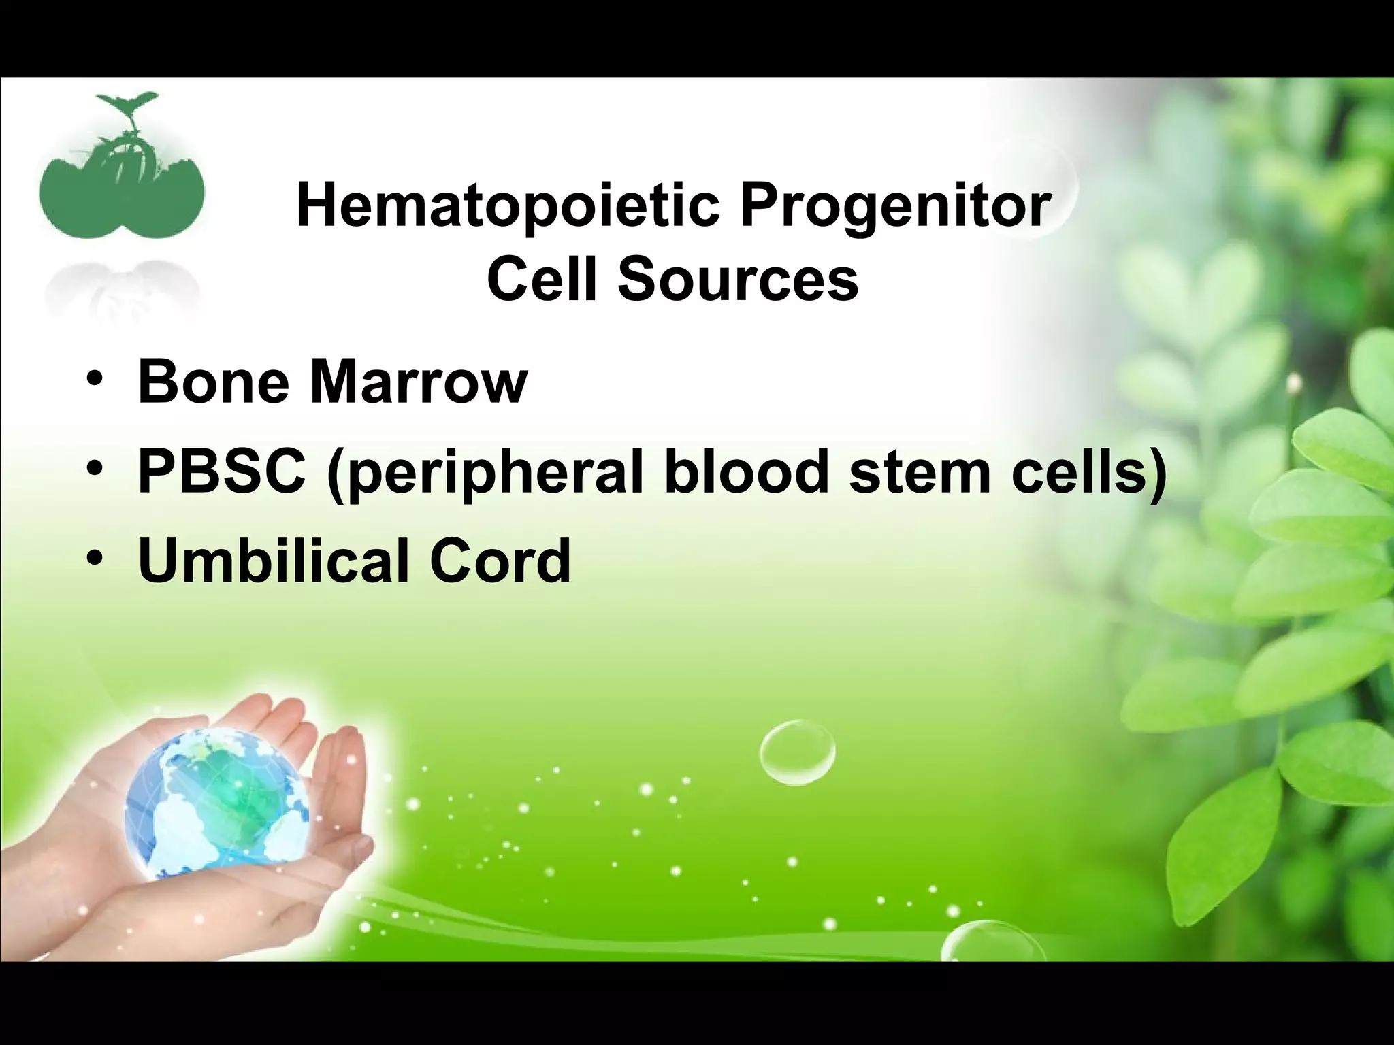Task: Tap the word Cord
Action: (x=500, y=562)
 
